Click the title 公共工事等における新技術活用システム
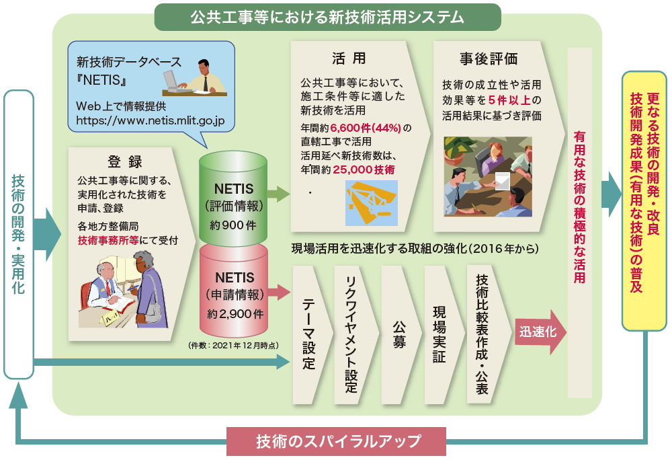pos(327,17)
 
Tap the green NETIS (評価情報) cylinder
pos(234,198)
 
